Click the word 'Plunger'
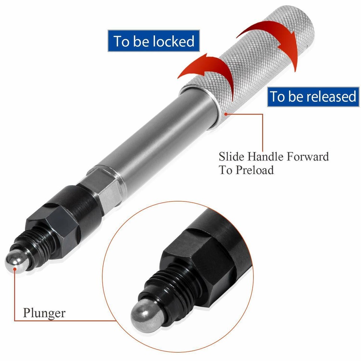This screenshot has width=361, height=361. tap(44, 313)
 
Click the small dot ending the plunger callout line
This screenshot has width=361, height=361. tap(15, 270)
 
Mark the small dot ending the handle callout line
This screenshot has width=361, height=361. tap(225, 113)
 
